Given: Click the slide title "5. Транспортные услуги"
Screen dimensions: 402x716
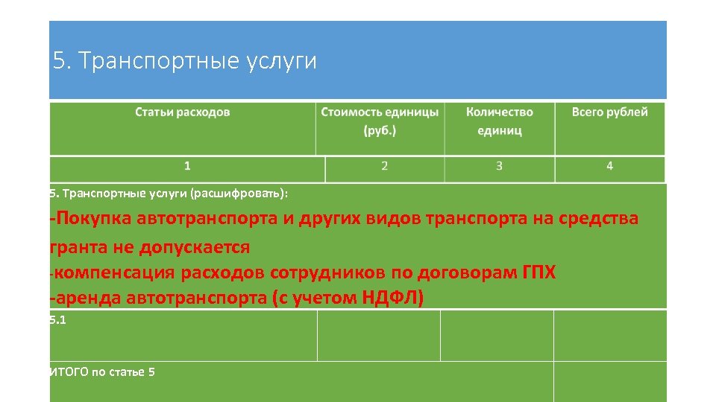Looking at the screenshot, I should tap(186, 61).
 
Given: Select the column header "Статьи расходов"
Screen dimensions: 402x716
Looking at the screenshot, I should tap(183, 112).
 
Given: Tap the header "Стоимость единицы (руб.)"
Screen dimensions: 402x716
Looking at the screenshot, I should tap(380, 121).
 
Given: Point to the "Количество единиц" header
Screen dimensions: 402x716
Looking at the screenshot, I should tap(499, 121).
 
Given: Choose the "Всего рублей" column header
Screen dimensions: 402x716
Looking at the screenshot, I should tap(609, 112).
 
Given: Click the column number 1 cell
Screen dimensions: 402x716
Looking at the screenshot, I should tap(187, 166).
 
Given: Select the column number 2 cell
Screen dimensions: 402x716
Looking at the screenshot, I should tap(384, 166).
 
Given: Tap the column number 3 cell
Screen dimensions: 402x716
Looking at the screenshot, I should tap(499, 166).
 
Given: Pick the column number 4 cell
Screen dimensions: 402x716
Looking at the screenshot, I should tap(609, 166).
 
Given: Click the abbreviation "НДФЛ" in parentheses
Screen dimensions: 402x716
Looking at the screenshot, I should tap(391, 299).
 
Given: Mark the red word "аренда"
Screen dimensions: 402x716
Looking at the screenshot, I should tap(88, 299).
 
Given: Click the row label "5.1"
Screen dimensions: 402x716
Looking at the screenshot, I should tap(57, 319).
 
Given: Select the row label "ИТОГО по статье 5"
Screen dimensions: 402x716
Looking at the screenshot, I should tap(102, 371).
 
